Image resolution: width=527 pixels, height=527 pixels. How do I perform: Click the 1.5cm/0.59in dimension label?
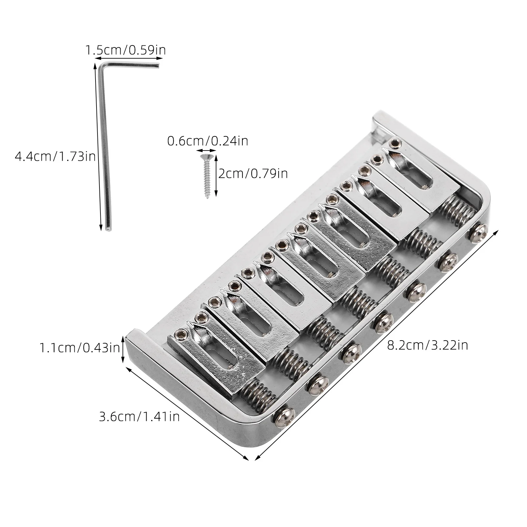pyautogui.click(x=125, y=50)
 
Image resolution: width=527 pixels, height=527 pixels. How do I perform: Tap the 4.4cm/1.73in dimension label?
pyautogui.click(x=55, y=156)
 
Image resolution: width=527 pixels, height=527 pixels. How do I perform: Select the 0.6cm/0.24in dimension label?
pyautogui.click(x=208, y=141)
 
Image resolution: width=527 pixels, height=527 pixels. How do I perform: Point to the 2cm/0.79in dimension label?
pyautogui.click(x=253, y=173)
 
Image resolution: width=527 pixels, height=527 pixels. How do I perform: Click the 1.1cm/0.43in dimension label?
pyautogui.click(x=79, y=348)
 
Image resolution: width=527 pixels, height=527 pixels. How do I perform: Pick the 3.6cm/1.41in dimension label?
pyautogui.click(x=139, y=417)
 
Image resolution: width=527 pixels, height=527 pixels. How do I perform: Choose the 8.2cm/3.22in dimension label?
pyautogui.click(x=427, y=345)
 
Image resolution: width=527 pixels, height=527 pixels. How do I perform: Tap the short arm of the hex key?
pyautogui.click(x=130, y=64)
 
